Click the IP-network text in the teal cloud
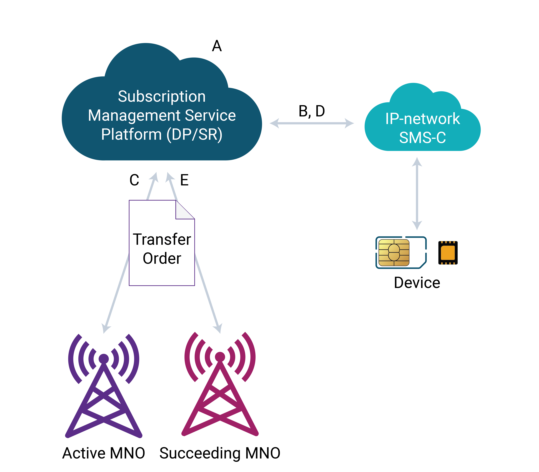(x=422, y=119)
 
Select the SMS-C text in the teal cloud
(x=422, y=137)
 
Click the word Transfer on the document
(x=162, y=240)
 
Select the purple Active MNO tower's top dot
(x=104, y=358)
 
